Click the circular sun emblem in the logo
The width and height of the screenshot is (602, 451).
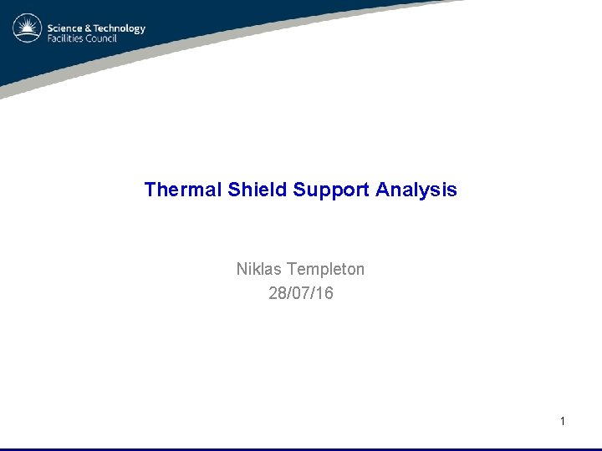[x=28, y=29]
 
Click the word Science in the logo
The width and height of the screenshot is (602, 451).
[x=64, y=28]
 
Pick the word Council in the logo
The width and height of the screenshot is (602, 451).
[x=99, y=39]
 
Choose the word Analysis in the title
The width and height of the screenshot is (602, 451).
[x=416, y=190]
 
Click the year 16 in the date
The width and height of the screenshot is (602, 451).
[x=324, y=293]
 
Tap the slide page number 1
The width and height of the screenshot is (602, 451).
[x=563, y=422]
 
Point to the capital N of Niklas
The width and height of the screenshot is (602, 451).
[x=242, y=269]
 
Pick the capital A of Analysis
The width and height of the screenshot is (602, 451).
[x=383, y=190]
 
